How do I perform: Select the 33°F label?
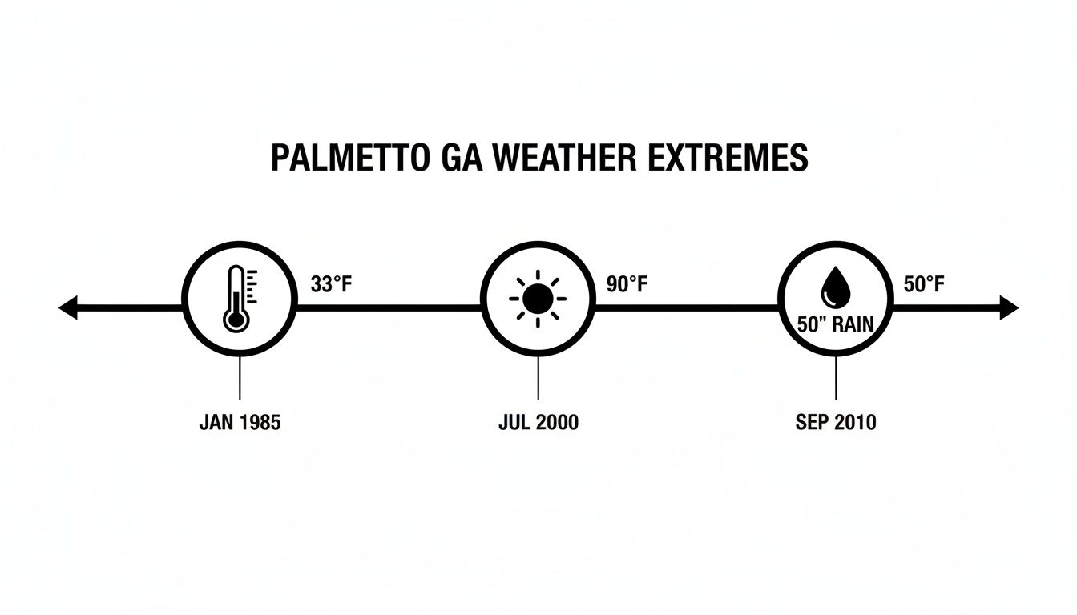[330, 284]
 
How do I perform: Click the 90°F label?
[627, 284]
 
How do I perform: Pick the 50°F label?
[924, 284]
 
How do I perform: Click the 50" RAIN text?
[835, 324]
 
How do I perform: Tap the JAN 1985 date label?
[240, 423]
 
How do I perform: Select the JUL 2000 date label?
[538, 423]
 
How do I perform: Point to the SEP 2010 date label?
[836, 423]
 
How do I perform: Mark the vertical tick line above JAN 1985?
[240, 377]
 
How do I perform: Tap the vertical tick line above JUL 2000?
[538, 377]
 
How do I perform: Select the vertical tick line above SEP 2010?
[836, 377]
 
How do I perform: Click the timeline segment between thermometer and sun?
[389, 307]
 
